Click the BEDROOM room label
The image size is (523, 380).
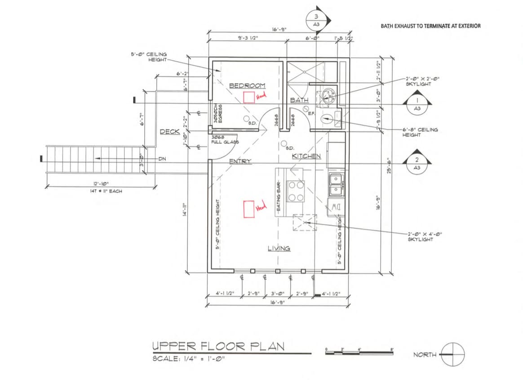point(247,86)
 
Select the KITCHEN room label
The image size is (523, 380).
point(307,156)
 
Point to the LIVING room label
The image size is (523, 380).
point(279,248)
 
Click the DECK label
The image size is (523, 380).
point(170,132)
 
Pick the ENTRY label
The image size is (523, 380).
point(240,161)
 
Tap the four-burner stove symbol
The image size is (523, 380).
point(295,191)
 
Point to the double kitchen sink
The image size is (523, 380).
point(336,185)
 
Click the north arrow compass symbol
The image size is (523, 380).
point(452,354)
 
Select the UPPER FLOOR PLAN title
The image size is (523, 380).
point(218,346)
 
